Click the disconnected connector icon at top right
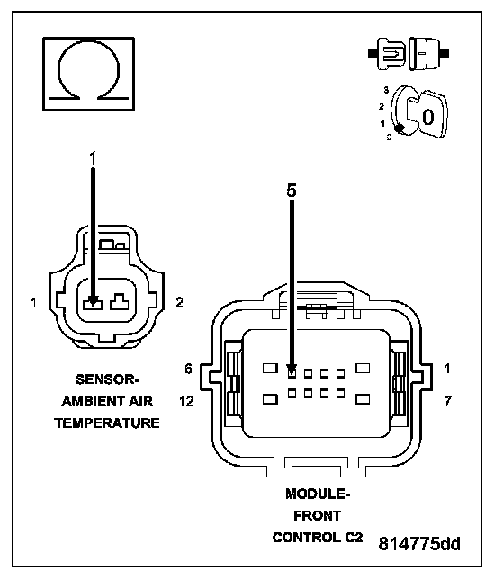click(x=409, y=54)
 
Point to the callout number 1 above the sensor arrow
click(x=93, y=158)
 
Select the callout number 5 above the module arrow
click(x=292, y=191)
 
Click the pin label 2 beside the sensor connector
click(x=179, y=303)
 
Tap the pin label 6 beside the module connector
click(x=189, y=369)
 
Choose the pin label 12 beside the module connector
click(x=186, y=401)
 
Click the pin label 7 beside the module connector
click(x=447, y=401)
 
